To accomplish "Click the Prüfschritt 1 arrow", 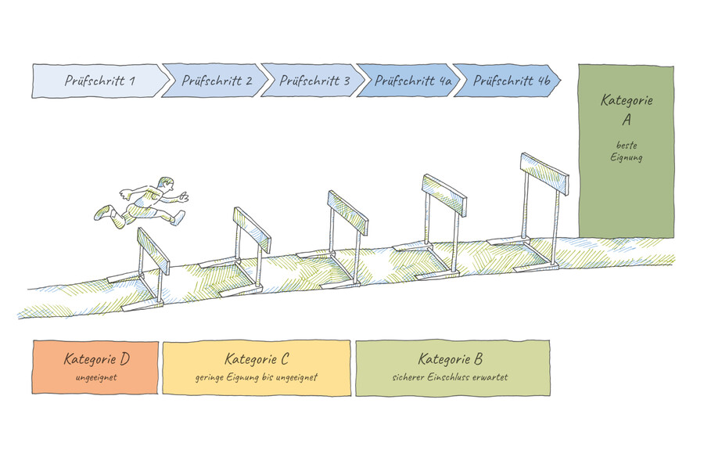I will point(98,81).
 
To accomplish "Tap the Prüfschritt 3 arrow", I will point(309,81).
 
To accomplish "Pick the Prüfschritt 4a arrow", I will point(405,81).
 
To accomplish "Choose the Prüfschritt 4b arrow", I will point(505,81).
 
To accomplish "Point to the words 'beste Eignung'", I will point(627,151).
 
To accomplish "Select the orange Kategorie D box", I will point(96,368).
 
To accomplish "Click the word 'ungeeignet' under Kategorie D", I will point(96,377).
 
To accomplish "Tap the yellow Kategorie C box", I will point(257,368).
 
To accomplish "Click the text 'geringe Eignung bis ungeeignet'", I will point(257,377).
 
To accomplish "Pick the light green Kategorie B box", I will point(451,368).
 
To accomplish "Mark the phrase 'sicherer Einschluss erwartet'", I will point(451,377).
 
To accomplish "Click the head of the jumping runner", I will point(163,185).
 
